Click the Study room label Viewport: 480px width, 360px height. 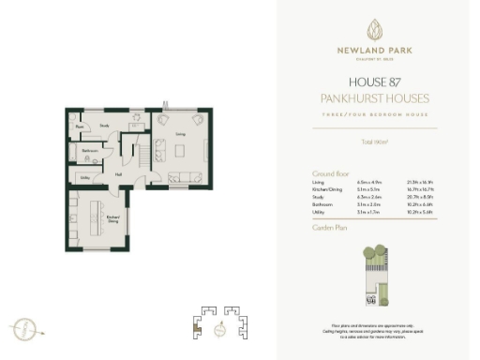(x=105, y=125)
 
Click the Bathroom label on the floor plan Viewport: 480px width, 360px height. (x=91, y=150)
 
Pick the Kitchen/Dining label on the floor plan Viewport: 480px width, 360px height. (x=113, y=218)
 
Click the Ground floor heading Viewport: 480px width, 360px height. (x=331, y=173)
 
